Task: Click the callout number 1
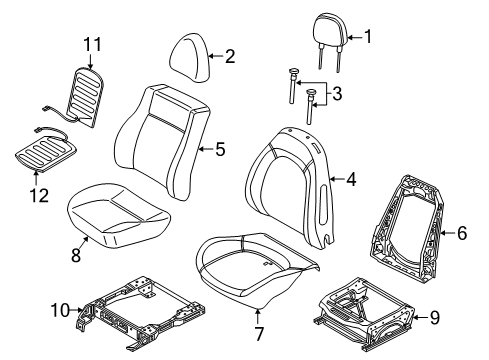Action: (x=367, y=38)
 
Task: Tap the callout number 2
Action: (x=229, y=57)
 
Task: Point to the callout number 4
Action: (x=350, y=181)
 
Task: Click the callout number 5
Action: (x=219, y=150)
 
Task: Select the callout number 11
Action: (x=92, y=44)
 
